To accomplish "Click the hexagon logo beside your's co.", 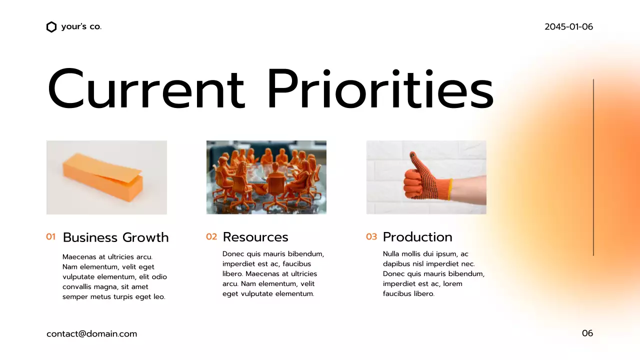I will (x=51, y=27).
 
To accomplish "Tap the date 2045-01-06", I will (x=568, y=27).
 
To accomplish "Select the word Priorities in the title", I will (x=380, y=89).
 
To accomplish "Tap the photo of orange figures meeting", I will (x=266, y=177).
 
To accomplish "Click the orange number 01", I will (x=50, y=237).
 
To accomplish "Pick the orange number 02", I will (x=211, y=237).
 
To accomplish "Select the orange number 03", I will (x=371, y=237).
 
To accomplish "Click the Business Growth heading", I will (x=115, y=237).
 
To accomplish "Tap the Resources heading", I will (x=255, y=237).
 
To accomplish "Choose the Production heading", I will (x=417, y=237).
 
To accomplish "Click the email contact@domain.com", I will (x=91, y=334).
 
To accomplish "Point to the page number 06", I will (x=587, y=333).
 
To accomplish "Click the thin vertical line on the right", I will (x=593, y=167).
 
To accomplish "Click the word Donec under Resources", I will (x=233, y=254).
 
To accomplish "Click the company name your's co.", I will (x=81, y=27).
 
